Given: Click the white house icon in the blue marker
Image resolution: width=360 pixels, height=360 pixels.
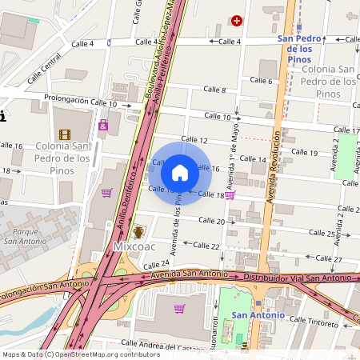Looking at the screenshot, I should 180,172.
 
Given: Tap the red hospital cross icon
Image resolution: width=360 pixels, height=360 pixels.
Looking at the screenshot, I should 236,20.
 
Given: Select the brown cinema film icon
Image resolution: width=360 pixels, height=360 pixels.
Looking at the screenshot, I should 63,134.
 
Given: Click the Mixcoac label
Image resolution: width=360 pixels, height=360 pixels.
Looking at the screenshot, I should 133,246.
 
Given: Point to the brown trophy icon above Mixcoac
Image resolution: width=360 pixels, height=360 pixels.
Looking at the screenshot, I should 138,232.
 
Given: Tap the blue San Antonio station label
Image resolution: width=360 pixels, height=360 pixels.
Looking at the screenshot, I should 258,315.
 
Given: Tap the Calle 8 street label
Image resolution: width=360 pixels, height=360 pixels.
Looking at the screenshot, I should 214,90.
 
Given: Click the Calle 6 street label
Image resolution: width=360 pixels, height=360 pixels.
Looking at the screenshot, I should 261,80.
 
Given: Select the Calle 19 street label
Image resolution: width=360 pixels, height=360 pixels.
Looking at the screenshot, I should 304,152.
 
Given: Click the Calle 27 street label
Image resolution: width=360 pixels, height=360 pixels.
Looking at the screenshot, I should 329,259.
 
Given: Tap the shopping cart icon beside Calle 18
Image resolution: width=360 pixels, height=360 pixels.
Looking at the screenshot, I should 230,194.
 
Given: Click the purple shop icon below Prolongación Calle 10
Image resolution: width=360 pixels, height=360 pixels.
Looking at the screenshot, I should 103,126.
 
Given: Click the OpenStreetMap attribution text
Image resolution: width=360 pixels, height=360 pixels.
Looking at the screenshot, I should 70,354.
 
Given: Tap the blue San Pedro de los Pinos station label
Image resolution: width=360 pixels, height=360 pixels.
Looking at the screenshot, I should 300,49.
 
